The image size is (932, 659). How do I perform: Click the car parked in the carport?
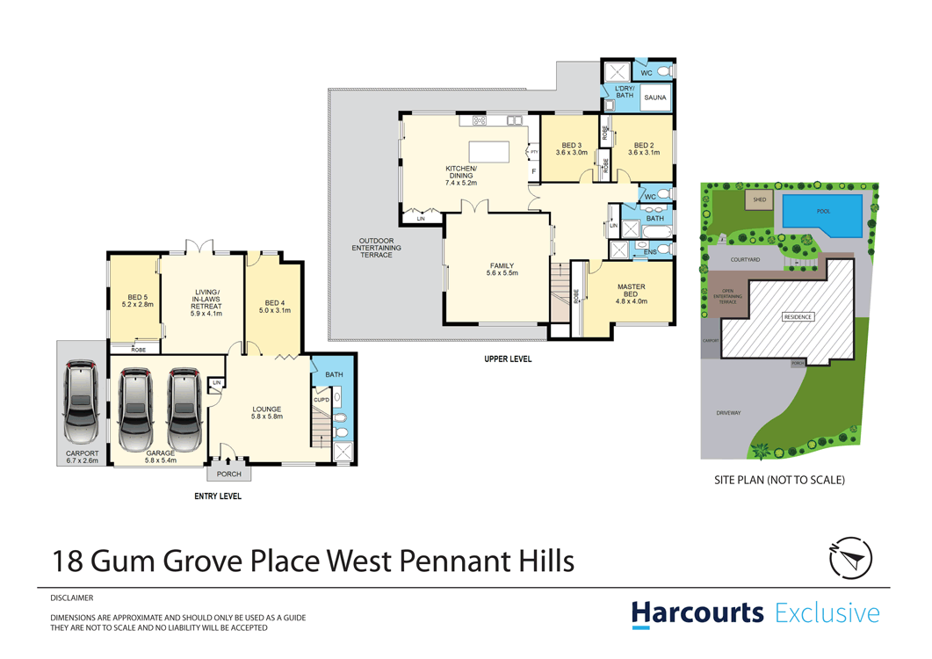tap(81, 402)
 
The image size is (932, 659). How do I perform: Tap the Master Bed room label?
tap(630, 291)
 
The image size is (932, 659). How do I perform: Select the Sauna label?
tap(654, 98)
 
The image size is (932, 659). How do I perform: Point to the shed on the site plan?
tap(759, 200)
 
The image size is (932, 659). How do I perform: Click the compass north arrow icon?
tap(850, 557)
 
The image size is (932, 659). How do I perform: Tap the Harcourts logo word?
tap(697, 612)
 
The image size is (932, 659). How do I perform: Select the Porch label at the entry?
tap(228, 474)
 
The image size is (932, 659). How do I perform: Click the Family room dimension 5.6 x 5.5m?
tap(502, 273)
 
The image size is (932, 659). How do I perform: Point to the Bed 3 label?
tap(571, 146)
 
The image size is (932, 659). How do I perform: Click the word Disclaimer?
tap(72, 597)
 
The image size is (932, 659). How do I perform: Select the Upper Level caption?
tap(507, 359)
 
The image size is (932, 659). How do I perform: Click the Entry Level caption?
tap(217, 496)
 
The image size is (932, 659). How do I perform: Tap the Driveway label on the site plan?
tap(728, 412)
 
